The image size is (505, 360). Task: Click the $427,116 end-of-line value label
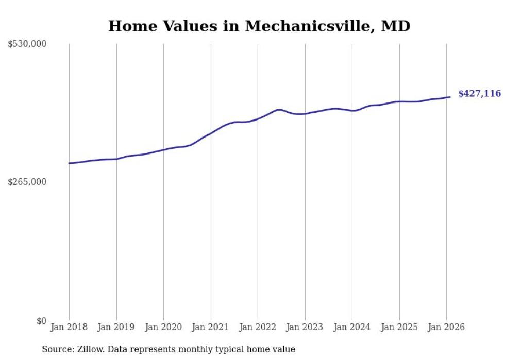tap(479, 94)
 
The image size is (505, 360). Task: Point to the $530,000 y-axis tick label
tap(27, 44)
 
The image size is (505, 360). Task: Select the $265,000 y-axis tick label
tap(27, 182)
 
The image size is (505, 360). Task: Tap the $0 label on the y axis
tap(41, 321)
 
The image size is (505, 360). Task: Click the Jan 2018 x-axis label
tap(69, 327)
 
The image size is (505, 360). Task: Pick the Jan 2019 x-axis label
tap(116, 327)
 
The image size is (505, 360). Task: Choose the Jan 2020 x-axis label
tap(163, 327)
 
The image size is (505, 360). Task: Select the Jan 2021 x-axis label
tap(211, 327)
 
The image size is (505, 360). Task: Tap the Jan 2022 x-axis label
tap(258, 327)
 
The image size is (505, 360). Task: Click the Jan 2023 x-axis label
tap(305, 327)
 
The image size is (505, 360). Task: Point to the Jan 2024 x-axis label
tap(352, 327)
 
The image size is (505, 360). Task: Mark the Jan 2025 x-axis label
tap(399, 327)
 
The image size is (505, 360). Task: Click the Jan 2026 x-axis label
tap(446, 327)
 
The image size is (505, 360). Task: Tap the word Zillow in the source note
tap(87, 349)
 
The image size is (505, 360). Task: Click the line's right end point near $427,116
tap(450, 97)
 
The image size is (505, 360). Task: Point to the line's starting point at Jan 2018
tap(69, 163)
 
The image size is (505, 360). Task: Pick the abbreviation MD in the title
tap(395, 26)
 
